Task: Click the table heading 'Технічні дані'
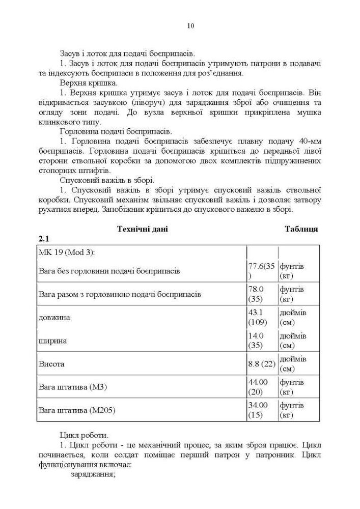point(143,229)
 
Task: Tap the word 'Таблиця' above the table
point(301,229)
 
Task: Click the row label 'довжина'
point(54,317)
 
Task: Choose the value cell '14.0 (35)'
point(258,341)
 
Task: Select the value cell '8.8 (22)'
point(261,364)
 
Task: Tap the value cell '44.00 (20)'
point(258,387)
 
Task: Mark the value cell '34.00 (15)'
point(258,410)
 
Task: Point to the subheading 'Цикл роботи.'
point(84,435)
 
